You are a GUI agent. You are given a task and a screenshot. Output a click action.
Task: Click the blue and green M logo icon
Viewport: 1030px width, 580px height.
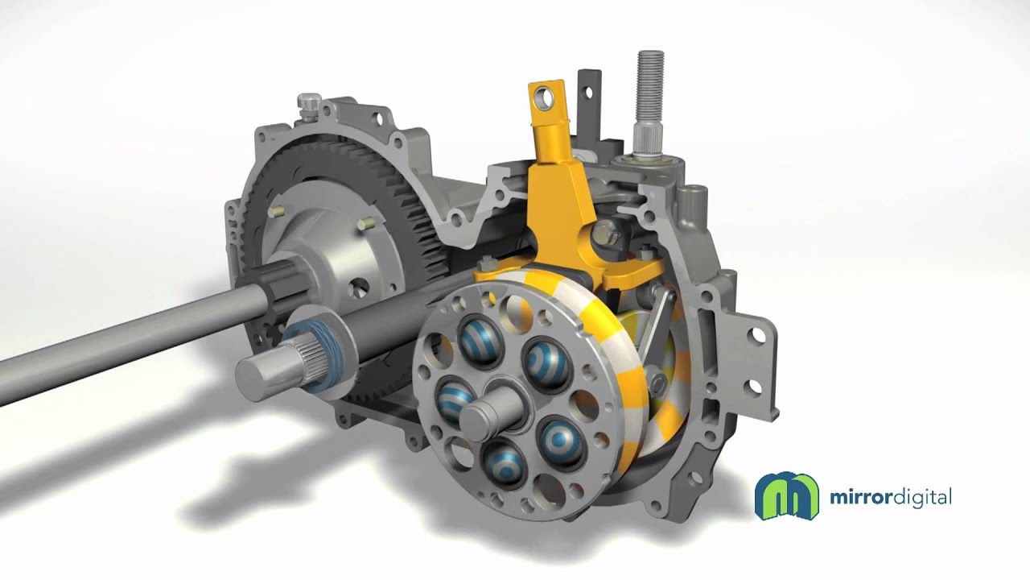787,495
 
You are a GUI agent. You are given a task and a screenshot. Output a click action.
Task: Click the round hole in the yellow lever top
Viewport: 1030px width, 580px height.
546,98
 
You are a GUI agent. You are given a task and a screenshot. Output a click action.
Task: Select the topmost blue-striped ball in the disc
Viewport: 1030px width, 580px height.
480,340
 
